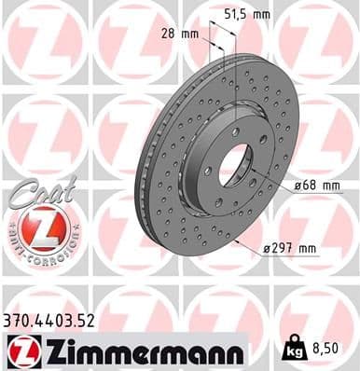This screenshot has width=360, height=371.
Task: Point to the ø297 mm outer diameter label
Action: point(292,247)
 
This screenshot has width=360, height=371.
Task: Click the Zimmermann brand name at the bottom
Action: point(137,350)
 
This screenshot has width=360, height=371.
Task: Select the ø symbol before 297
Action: point(268,247)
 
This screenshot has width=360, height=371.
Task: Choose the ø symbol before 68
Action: point(298,185)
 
